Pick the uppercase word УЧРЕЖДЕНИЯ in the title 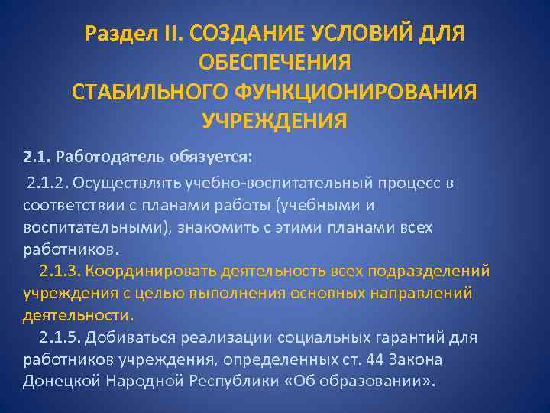pos(274,121)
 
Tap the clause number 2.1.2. pos(47,184)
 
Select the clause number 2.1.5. pos(59,337)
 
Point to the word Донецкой pos(57,382)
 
